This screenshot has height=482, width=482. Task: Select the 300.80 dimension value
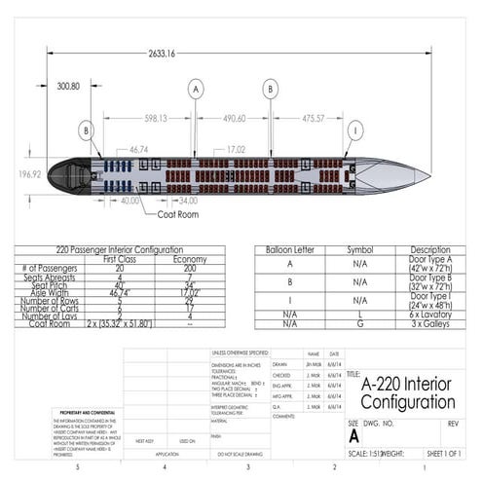click(x=68, y=87)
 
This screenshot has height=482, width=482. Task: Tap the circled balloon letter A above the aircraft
click(x=196, y=89)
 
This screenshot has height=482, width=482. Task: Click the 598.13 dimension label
click(x=156, y=119)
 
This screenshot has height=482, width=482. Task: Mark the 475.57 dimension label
click(x=313, y=119)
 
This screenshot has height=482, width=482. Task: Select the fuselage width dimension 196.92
click(x=30, y=174)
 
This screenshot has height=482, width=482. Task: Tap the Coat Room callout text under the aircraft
click(x=177, y=213)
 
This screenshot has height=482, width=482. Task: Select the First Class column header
click(x=119, y=260)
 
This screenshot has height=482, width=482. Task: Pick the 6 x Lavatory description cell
click(x=429, y=315)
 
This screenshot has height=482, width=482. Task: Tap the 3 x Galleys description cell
click(x=429, y=323)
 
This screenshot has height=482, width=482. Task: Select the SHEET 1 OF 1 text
click(x=443, y=454)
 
